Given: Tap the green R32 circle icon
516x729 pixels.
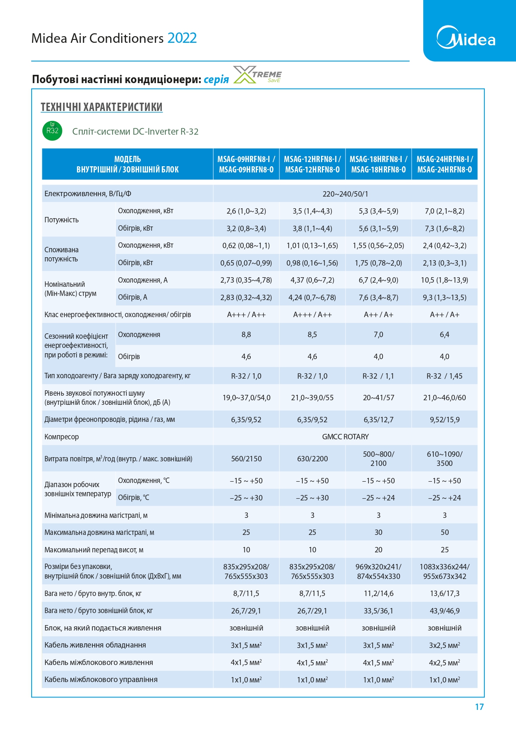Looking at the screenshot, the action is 52,131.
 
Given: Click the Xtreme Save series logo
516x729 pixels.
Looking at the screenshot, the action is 257,75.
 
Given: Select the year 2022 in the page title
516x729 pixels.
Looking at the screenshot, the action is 182,38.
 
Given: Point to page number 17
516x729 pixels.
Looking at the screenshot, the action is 479,707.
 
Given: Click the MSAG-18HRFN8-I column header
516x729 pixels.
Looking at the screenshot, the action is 378,164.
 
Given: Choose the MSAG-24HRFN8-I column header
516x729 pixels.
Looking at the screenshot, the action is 444,164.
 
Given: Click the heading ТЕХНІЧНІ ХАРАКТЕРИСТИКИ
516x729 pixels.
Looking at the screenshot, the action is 101,107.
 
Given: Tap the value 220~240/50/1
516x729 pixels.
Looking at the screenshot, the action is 345,194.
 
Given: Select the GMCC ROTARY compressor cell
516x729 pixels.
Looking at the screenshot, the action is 345,437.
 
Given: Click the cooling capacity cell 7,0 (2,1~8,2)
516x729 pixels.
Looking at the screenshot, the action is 444,211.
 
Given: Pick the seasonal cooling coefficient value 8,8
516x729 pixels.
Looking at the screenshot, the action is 246,335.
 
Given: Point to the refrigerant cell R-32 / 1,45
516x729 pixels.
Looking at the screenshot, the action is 444,376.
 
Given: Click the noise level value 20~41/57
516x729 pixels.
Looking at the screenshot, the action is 378,398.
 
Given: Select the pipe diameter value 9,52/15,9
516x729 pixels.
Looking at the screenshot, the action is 444,420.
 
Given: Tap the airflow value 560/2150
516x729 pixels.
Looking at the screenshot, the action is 246,459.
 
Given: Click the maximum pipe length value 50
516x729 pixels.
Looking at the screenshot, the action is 444,532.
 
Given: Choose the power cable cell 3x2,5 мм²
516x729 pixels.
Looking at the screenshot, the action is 444,645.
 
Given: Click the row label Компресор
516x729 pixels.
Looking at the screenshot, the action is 62,437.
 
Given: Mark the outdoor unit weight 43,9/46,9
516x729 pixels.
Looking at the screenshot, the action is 444,611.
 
